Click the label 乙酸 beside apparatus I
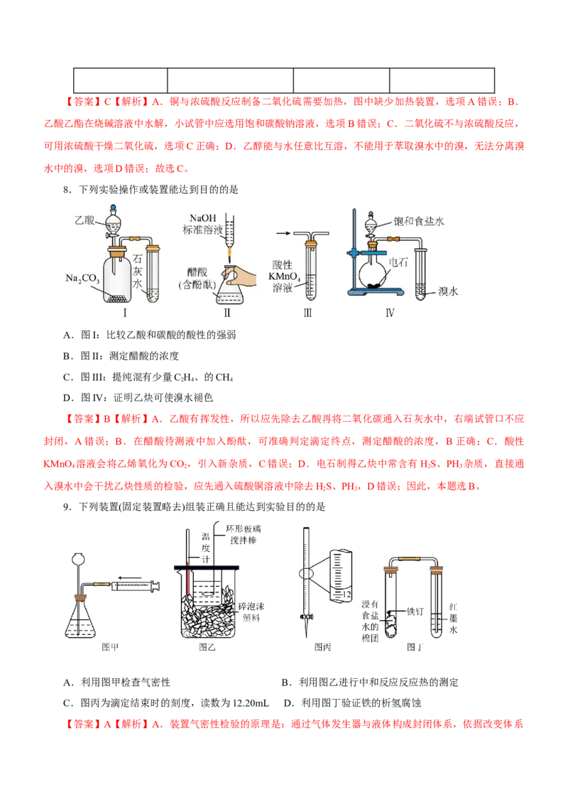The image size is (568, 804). click(x=84, y=220)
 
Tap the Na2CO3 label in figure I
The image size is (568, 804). click(x=82, y=278)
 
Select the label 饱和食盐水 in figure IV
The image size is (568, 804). click(x=419, y=221)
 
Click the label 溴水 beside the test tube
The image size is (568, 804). click(x=448, y=291)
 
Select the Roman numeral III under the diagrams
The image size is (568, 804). click(x=307, y=313)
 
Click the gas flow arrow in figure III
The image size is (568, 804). click(x=283, y=233)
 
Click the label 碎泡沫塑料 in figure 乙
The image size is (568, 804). click(x=251, y=612)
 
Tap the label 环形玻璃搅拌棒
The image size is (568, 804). click(x=243, y=534)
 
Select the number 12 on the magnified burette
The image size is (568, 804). click(x=346, y=594)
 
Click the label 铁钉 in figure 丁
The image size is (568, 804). click(x=415, y=612)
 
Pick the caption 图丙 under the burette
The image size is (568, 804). click(x=322, y=647)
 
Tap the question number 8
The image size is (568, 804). click(x=67, y=190)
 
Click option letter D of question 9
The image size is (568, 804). click(x=288, y=703)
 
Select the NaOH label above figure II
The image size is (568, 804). click(x=203, y=218)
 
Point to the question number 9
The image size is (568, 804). click(x=67, y=507)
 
